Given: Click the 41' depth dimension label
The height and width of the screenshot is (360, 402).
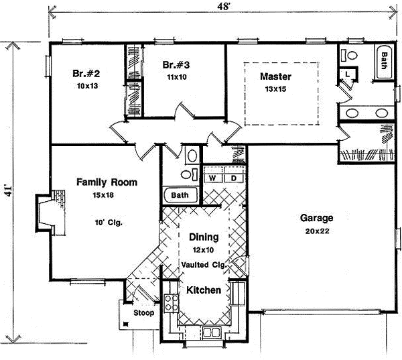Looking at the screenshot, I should [8, 189].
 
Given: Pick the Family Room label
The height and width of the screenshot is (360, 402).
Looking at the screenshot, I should [107, 182].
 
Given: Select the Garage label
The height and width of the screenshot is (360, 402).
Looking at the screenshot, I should [317, 219].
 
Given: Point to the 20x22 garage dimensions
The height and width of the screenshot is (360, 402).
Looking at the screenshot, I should [317, 231].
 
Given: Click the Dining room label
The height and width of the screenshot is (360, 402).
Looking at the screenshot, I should [203, 237].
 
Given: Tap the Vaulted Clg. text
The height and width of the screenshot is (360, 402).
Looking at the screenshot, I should [204, 264].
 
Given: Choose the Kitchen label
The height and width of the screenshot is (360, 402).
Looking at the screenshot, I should [204, 291].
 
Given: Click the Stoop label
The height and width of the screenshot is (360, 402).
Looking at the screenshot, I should [143, 313].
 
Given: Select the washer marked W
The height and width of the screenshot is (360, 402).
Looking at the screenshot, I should [212, 178].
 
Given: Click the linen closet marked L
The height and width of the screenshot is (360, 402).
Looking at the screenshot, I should [349, 73].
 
